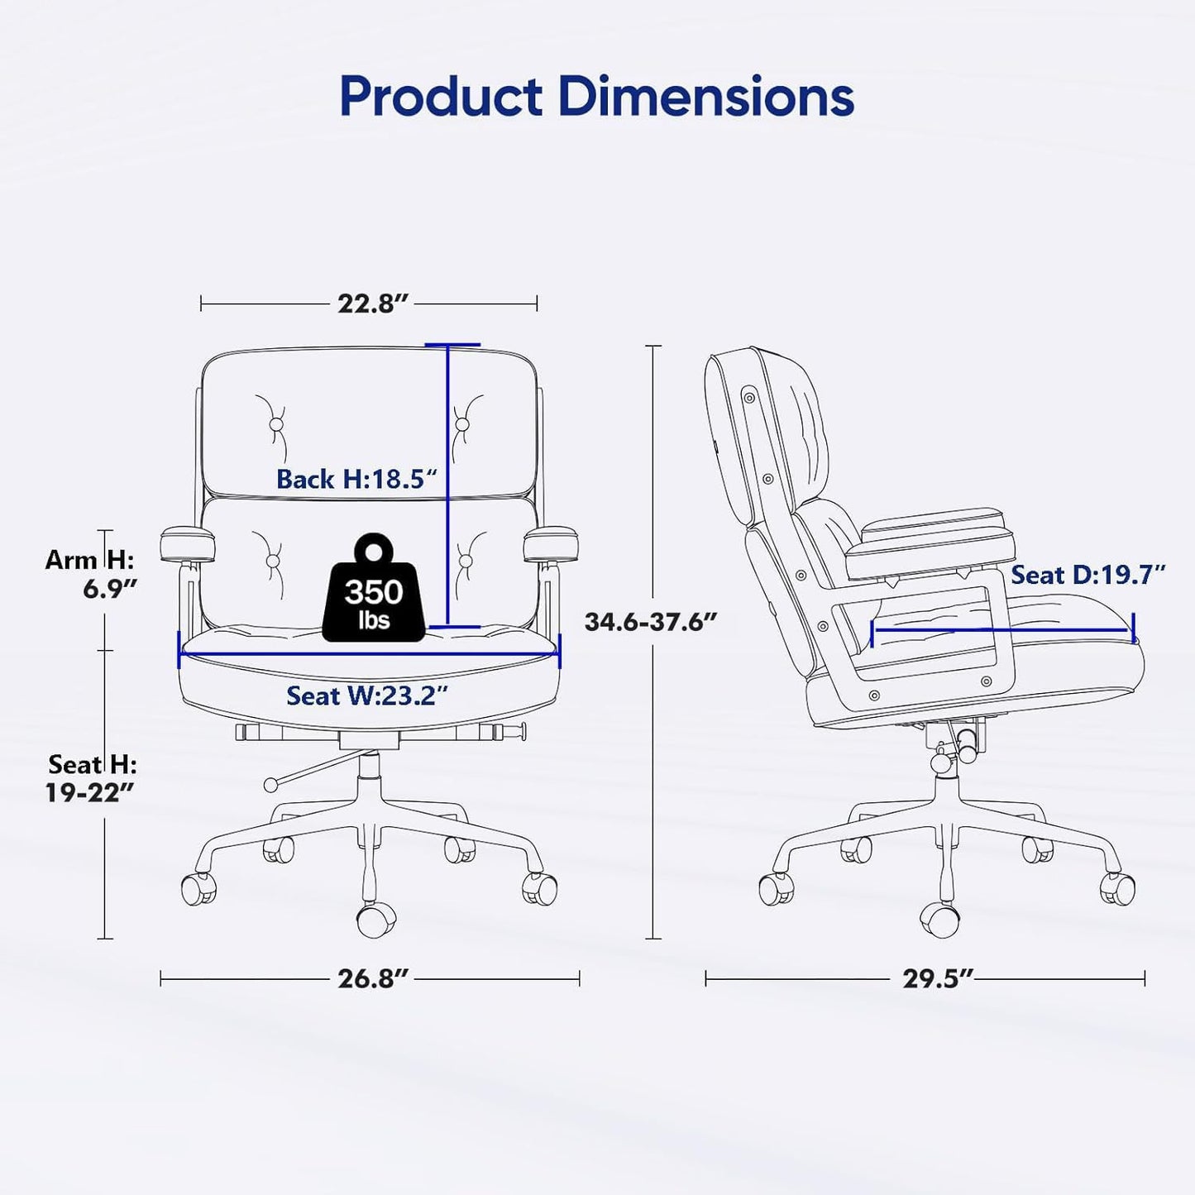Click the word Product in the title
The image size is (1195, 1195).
[x=442, y=97]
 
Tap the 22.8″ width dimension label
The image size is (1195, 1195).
[x=374, y=304]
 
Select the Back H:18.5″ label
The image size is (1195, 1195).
[x=356, y=480]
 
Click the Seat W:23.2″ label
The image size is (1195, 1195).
[x=366, y=695]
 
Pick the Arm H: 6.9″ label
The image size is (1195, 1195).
[x=90, y=574]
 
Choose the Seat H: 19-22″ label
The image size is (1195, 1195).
[x=92, y=777]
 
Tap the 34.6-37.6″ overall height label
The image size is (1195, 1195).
[x=651, y=622]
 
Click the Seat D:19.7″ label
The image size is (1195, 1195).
[x=1088, y=575]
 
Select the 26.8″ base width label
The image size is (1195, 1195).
[x=374, y=978]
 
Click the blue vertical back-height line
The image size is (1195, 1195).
[x=447, y=485]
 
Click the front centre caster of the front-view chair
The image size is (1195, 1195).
[x=375, y=920]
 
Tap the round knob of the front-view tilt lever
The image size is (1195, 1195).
[x=270, y=785]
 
